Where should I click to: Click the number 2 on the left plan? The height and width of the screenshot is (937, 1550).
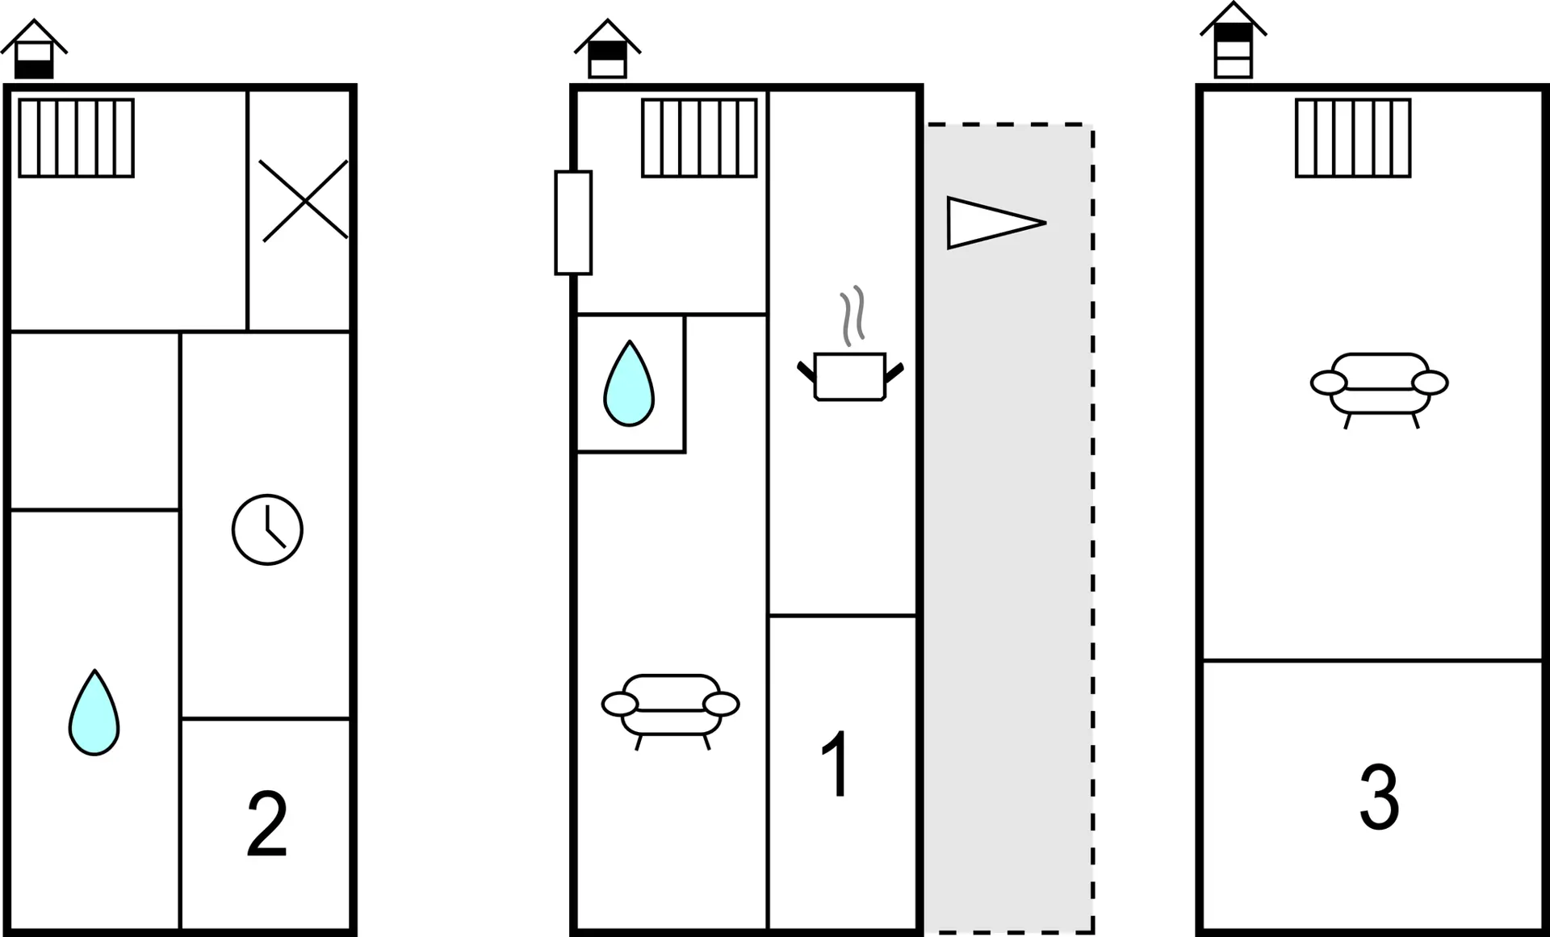(267, 823)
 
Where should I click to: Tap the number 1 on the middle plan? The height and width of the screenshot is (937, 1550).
(836, 763)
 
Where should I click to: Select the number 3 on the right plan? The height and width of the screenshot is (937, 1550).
(1379, 797)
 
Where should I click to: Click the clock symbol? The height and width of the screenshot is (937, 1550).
(267, 529)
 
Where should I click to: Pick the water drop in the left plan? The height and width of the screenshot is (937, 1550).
(94, 715)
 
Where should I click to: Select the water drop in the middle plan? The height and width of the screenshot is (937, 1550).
(629, 386)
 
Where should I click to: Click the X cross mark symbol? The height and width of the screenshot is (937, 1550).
(304, 200)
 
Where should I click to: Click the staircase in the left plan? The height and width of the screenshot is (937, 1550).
(77, 138)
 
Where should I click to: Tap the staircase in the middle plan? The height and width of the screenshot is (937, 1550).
(699, 138)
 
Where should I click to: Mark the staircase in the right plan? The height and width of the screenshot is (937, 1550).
(1353, 138)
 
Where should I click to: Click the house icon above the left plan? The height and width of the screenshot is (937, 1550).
(34, 50)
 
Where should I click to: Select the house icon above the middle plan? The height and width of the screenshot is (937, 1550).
(607, 50)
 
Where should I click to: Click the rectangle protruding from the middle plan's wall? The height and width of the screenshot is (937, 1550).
(573, 223)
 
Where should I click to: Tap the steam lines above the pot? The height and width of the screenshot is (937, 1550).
(852, 316)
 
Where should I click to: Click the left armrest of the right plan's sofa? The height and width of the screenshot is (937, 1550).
(1329, 383)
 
